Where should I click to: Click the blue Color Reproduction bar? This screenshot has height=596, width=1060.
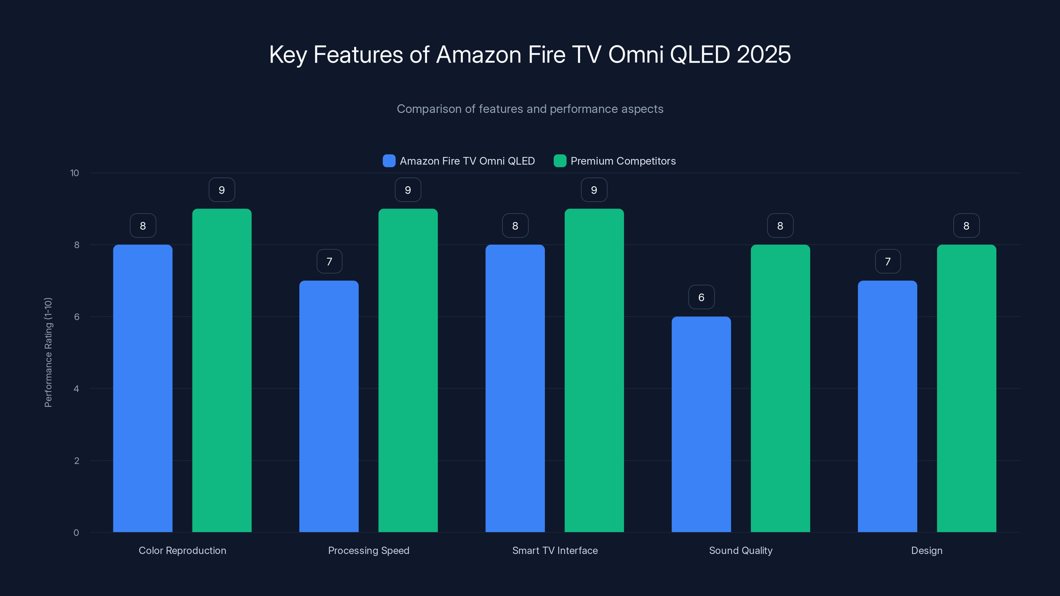pyautogui.click(x=143, y=388)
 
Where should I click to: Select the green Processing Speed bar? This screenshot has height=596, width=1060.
pyautogui.click(x=408, y=370)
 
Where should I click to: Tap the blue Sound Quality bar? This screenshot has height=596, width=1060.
pyautogui.click(x=701, y=424)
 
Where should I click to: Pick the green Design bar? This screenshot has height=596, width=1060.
pyautogui.click(x=966, y=388)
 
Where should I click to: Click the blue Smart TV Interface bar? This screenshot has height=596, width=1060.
pyautogui.click(x=515, y=388)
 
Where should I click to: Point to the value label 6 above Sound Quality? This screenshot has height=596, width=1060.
pyautogui.click(x=701, y=297)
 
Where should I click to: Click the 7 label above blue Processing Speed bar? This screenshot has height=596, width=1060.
pyautogui.click(x=329, y=261)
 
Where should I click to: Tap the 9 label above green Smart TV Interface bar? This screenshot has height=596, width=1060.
pyautogui.click(x=594, y=190)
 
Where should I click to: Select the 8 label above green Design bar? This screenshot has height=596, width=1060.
pyautogui.click(x=966, y=225)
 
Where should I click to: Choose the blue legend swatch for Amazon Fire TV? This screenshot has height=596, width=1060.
pyautogui.click(x=389, y=161)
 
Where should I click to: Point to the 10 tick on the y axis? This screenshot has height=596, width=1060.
pyautogui.click(x=75, y=173)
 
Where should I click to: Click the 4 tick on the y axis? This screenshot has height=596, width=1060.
pyautogui.click(x=76, y=389)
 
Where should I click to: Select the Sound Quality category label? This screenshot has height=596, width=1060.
pyautogui.click(x=741, y=550)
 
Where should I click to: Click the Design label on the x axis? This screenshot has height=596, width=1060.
pyautogui.click(x=927, y=550)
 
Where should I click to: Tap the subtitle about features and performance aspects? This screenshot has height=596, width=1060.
pyautogui.click(x=530, y=109)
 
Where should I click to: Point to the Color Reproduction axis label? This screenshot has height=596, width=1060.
pyautogui.click(x=182, y=550)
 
